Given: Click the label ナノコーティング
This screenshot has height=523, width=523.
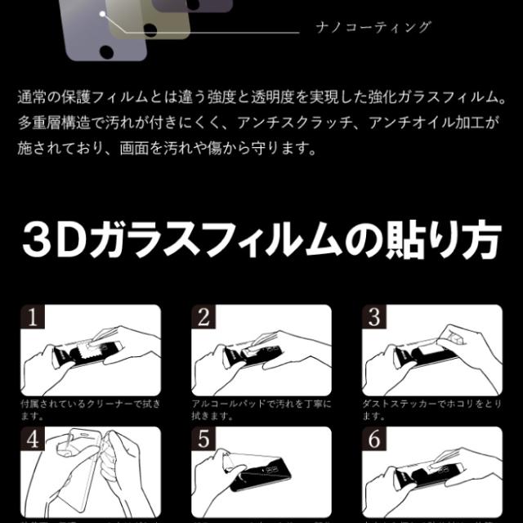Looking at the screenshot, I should tap(373, 27).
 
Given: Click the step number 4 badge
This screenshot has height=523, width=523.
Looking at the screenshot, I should tap(33, 440).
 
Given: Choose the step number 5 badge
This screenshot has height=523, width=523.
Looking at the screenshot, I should tap(204, 440).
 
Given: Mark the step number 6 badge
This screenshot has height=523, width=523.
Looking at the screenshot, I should tap(375, 440).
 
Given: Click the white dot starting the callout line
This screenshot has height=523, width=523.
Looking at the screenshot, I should tap(102, 14).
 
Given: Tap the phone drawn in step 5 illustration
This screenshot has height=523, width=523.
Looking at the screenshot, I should tap(270, 491).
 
